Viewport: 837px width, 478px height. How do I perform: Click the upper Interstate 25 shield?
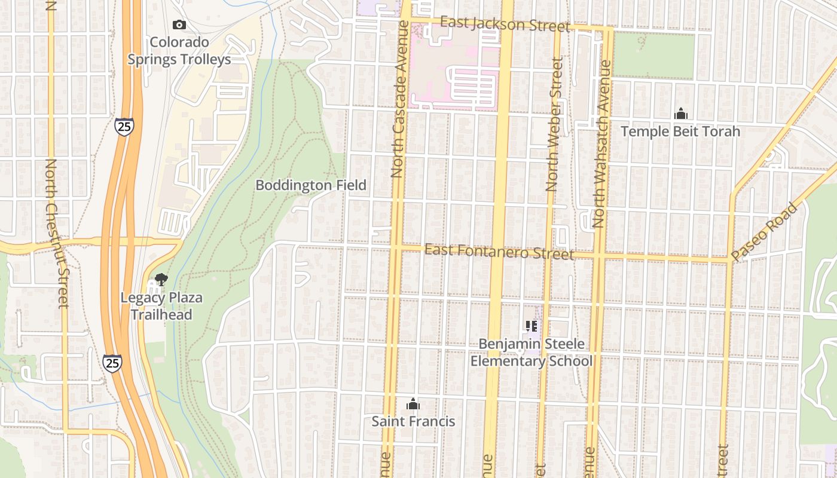pos(124,126)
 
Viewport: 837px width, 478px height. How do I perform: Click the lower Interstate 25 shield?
pos(112,363)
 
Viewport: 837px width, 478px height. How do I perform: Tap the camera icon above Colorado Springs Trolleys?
pos(179,24)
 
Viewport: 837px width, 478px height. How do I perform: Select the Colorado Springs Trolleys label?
pos(179,51)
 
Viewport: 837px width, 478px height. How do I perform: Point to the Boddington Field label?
pos(311,185)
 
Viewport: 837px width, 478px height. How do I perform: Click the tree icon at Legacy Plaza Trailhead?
pos(160,279)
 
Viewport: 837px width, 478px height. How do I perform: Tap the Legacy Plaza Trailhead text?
pos(161,306)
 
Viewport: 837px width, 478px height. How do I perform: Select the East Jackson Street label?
pos(505,24)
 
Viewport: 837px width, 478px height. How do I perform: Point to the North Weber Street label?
pos(554,124)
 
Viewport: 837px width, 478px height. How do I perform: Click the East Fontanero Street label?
pos(499,252)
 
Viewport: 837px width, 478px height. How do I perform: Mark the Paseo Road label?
pos(765,231)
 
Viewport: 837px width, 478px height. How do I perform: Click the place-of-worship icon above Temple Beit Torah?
pos(680,114)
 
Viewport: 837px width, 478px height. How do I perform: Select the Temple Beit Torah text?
pos(680,131)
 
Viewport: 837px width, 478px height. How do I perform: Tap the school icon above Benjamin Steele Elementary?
pos(531,326)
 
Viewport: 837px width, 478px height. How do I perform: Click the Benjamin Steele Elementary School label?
pos(531,353)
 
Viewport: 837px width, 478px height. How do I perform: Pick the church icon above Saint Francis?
pos(413,404)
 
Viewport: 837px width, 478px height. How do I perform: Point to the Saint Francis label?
pos(413,421)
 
